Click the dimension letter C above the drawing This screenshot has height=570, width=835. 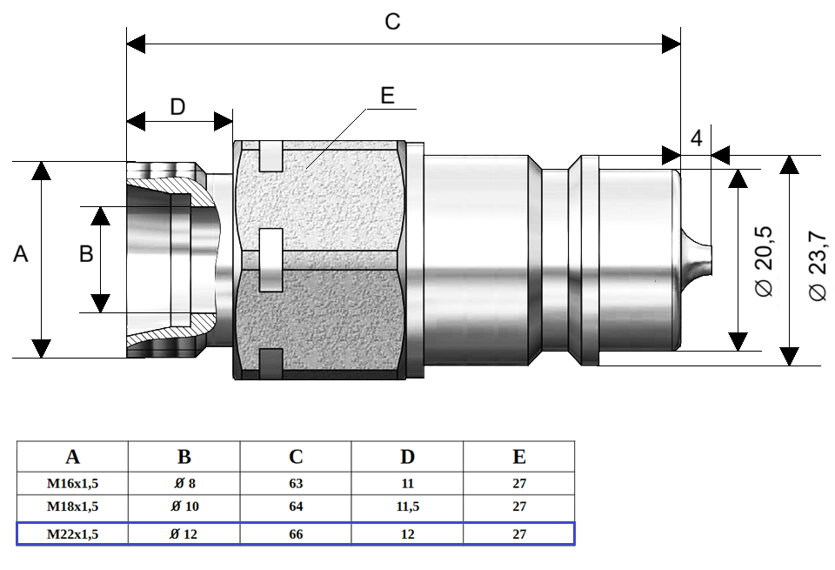click(392, 22)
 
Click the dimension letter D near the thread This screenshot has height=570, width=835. click(177, 107)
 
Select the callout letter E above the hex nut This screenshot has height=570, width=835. click(388, 95)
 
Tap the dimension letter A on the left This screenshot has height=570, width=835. click(21, 254)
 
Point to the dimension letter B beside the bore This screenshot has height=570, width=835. click(86, 254)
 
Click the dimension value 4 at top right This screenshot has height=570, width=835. click(696, 137)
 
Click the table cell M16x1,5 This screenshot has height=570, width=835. click(73, 484)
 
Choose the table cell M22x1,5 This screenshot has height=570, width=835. click(73, 533)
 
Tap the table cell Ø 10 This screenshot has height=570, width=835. click(184, 506)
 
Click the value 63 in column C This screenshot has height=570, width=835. click(296, 484)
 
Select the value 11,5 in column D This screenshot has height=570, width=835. click(407, 506)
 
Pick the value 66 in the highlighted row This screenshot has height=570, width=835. click(296, 533)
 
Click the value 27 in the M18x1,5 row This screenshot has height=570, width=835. click(519, 506)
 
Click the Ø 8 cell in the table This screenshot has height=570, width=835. click(184, 484)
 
